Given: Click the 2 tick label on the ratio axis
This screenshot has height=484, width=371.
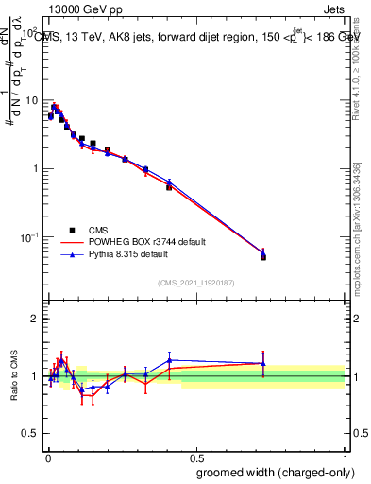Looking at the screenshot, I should pos(34,319).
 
